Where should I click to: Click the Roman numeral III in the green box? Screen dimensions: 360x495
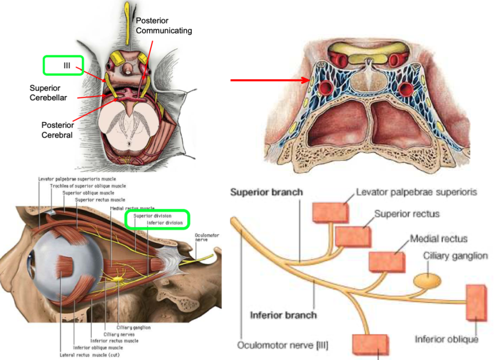coord(66,65)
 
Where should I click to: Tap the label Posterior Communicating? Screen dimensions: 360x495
coord(164,26)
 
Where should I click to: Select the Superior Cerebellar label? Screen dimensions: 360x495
coord(45,92)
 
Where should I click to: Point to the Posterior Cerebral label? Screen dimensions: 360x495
coord(57,130)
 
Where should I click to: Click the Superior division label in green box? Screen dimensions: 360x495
coord(152,215)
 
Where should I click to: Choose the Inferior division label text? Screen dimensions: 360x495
coord(167,223)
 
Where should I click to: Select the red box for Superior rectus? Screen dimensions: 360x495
coord(353,236)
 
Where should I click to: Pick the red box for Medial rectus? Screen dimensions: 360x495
coord(387,261)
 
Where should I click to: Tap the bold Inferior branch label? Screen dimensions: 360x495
coord(283,315)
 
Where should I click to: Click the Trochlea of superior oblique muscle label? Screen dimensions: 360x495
coord(87,186)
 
